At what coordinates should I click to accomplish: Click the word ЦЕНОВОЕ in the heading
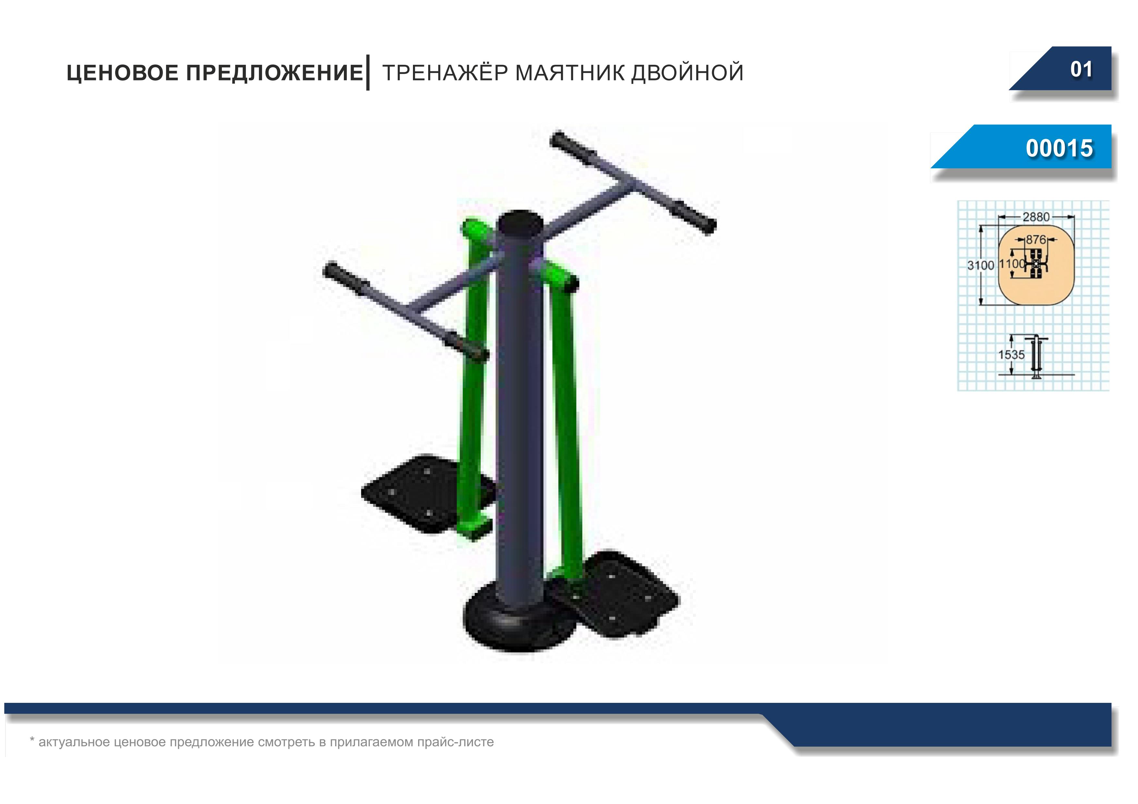point(122,73)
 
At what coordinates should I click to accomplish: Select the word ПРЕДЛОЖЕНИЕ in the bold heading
point(274,73)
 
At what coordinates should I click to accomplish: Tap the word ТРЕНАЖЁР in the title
point(445,73)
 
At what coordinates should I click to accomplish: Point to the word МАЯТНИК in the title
point(570,73)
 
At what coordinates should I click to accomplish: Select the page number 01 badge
point(1081,69)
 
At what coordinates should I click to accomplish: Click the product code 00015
point(1059,148)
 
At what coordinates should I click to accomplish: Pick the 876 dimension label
point(1035,240)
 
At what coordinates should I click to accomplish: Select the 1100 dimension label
point(1011,264)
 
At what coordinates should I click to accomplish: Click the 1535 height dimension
point(1011,355)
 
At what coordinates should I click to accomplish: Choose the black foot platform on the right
point(615,595)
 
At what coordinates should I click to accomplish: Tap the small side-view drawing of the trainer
point(1036,357)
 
